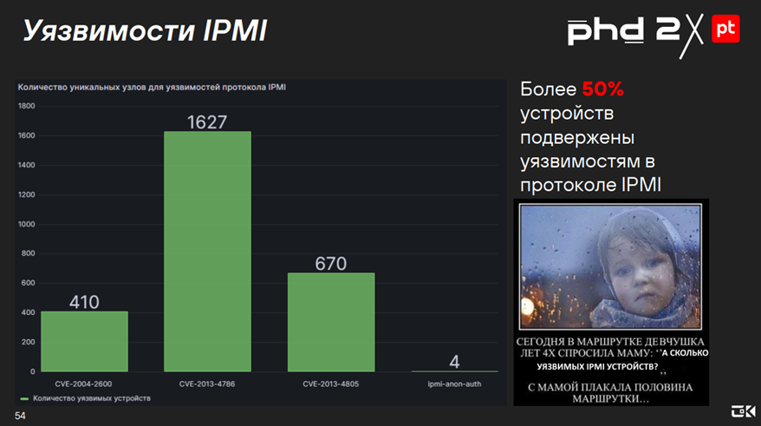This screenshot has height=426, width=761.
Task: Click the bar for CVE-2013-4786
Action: (207, 252)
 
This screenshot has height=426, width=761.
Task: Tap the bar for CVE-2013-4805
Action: (331, 322)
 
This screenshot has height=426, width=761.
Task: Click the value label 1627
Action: (207, 122)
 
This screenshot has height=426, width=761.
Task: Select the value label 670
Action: (331, 264)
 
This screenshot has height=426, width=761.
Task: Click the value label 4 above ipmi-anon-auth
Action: (455, 361)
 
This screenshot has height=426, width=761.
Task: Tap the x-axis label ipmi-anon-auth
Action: (454, 383)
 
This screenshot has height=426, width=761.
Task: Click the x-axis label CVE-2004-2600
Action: (84, 383)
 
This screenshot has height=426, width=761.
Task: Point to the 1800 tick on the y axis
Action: (26, 106)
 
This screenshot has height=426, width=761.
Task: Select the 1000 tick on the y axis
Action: (26, 224)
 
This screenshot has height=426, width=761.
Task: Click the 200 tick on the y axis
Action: (28, 342)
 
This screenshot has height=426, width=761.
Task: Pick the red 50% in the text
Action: (602, 89)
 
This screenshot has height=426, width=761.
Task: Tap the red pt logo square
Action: (725, 29)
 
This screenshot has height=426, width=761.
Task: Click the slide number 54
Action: (20, 416)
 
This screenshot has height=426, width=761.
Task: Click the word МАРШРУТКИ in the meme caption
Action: (612, 401)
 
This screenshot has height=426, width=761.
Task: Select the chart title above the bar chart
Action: (152, 87)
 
